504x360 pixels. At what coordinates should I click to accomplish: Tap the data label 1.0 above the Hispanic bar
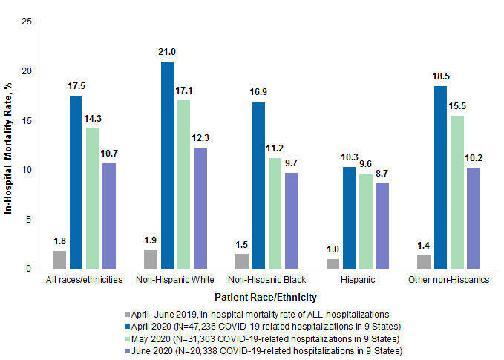point(334,249)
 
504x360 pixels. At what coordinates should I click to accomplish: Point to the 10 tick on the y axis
point(27,170)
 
